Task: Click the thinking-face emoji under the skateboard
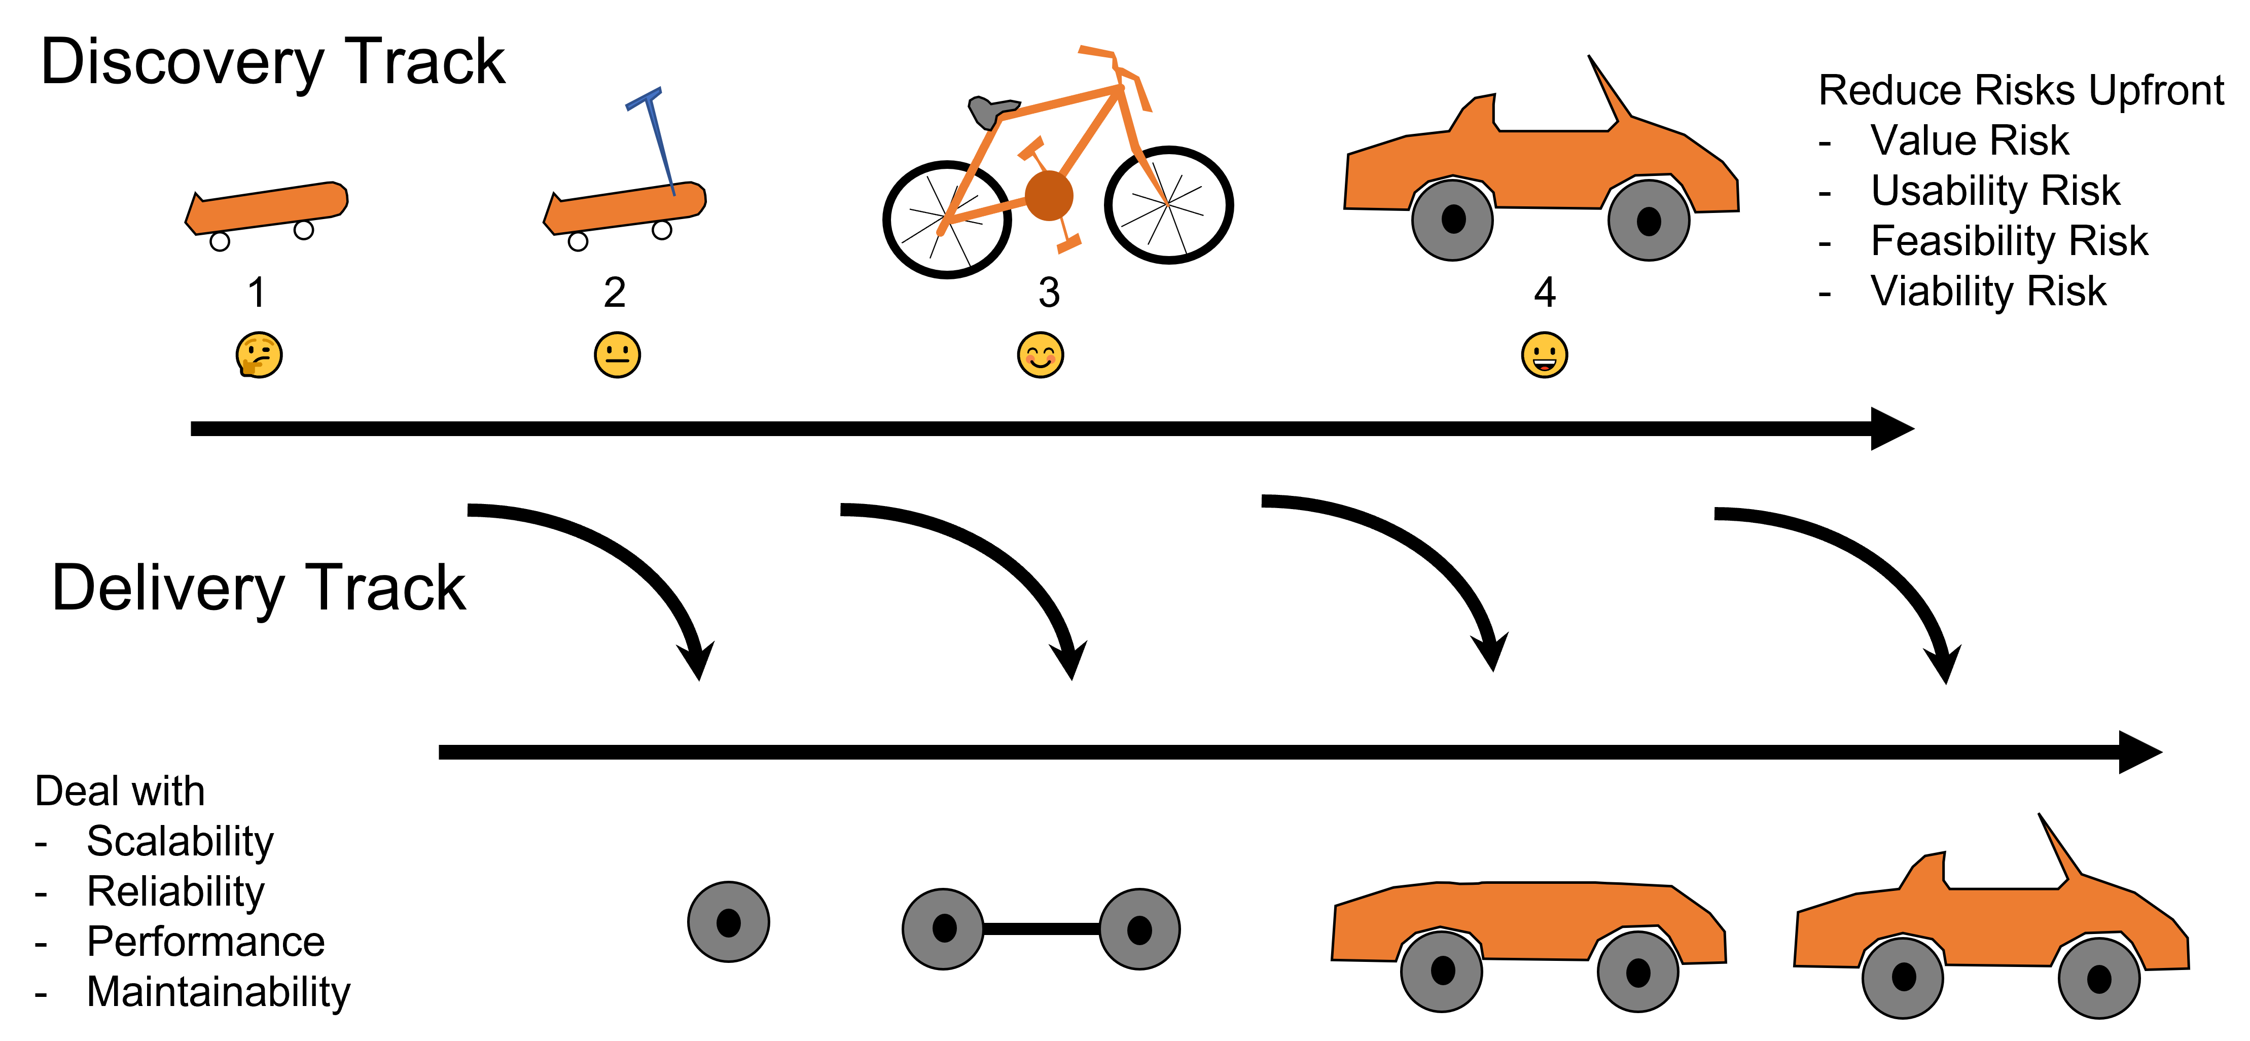coord(260,354)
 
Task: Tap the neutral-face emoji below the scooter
coord(618,354)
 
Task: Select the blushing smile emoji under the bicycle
coord(1040,354)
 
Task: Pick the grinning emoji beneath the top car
coord(1544,354)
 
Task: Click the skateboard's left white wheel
coord(220,241)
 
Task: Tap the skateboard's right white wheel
coord(304,230)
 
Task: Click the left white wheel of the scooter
coord(578,241)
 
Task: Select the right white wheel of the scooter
coord(662,230)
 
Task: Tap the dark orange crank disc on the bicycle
coord(1049,196)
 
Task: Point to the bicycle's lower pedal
coord(1069,244)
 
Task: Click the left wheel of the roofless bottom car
coord(1442,971)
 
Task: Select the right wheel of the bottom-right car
coord(2099,978)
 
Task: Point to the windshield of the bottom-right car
coord(2062,853)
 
